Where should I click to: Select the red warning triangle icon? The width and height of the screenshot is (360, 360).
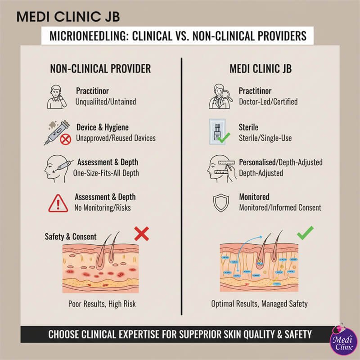[57, 203]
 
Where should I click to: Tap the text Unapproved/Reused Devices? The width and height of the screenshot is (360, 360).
[116, 138]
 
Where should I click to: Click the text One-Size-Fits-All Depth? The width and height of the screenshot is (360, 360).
[112, 172]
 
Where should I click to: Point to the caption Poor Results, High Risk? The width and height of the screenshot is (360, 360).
[102, 304]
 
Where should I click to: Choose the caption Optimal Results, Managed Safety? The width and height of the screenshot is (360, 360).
[260, 304]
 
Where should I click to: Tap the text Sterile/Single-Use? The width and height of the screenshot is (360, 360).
[265, 138]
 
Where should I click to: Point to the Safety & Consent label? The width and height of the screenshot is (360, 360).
[71, 236]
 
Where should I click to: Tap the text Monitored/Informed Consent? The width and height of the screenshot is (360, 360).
[280, 207]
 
